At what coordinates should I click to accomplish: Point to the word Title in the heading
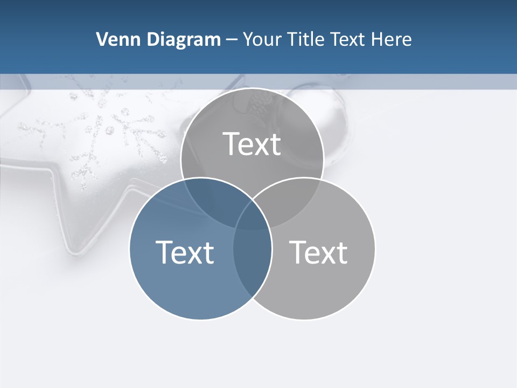click(305, 39)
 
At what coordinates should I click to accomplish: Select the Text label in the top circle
click(252, 144)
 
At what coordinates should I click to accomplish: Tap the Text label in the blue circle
click(185, 252)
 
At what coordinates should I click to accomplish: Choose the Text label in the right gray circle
click(318, 252)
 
